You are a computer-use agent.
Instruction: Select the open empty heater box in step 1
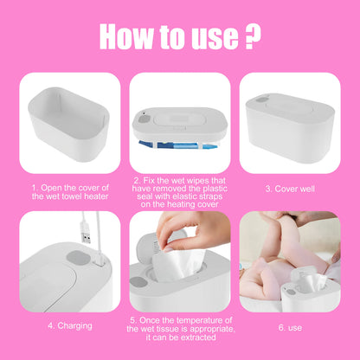[x=68, y=121]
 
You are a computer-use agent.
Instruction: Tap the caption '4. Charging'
[x=68, y=325]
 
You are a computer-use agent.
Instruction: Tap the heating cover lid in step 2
[x=179, y=118]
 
